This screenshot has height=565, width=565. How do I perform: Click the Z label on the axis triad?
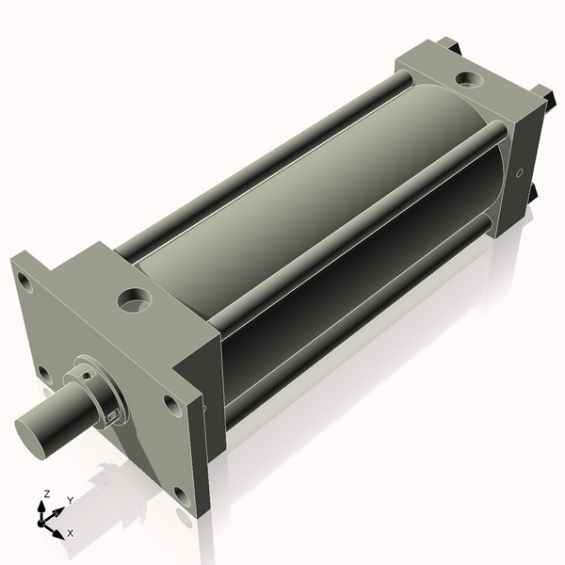[47, 493]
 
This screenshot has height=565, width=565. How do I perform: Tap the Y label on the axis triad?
[70, 501]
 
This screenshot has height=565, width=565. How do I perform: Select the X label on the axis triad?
[70, 533]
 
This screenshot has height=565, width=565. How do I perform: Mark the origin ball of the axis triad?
[43, 519]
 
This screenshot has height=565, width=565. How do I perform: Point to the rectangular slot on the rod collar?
[114, 414]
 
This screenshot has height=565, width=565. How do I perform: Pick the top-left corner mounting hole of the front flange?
[24, 281]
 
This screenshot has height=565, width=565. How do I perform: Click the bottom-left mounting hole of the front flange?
[44, 374]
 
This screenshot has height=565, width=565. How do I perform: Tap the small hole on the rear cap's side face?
[519, 174]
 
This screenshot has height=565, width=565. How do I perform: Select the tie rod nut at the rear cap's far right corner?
[542, 93]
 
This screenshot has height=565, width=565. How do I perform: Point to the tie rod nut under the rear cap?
[531, 192]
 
